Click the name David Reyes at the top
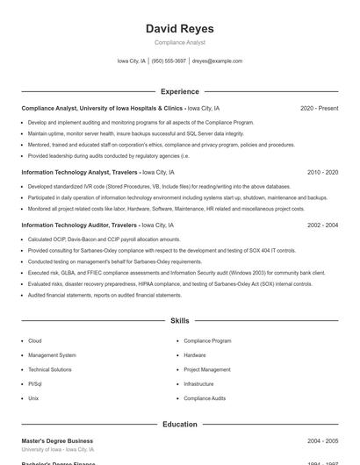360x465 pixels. (179, 29)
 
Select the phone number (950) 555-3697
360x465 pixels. (169, 61)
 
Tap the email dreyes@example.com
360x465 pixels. (217, 61)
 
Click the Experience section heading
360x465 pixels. (179, 91)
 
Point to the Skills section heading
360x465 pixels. (179, 321)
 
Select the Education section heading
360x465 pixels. (179, 424)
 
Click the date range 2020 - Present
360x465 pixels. (319, 108)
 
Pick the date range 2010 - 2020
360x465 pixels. (322, 173)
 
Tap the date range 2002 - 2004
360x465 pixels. (322, 225)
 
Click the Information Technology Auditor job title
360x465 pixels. (79, 225)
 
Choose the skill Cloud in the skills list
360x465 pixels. (35, 340)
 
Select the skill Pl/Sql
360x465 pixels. (35, 383)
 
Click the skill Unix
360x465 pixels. (33, 398)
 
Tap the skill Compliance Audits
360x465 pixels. (205, 398)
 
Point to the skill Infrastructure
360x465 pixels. (198, 383)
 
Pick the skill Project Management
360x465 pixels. (207, 369)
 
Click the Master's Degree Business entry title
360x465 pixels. (57, 440)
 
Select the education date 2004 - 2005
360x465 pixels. (322, 440)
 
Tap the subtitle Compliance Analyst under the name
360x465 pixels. (179, 42)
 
